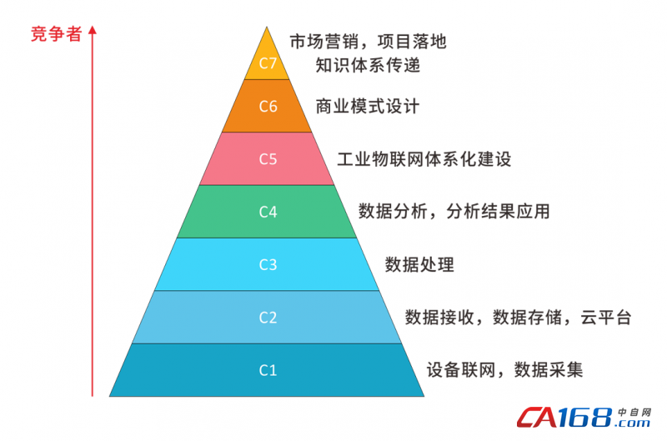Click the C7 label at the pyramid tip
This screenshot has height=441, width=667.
point(268,63)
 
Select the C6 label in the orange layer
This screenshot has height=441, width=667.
point(268,107)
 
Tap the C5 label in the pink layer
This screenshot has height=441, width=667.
point(268,159)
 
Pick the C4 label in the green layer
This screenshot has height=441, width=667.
point(268,212)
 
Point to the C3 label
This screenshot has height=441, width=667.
point(268,264)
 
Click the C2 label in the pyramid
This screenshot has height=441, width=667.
point(268,318)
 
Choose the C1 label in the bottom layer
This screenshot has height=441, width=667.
point(268,370)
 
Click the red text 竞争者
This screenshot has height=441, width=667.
point(56,34)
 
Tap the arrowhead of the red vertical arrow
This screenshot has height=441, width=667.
point(93,30)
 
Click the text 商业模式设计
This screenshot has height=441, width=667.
point(368,107)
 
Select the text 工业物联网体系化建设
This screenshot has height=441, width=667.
point(424,159)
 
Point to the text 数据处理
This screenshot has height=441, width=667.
point(419,264)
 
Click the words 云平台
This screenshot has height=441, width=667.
point(606,318)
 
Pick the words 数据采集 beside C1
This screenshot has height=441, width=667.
point(549,370)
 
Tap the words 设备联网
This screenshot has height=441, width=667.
point(461,370)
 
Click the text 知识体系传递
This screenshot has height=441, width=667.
point(368,65)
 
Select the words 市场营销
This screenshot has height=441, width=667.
point(324,42)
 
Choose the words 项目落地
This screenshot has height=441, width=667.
point(412,42)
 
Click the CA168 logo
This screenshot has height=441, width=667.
point(584,417)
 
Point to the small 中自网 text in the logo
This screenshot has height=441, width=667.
point(634,412)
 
